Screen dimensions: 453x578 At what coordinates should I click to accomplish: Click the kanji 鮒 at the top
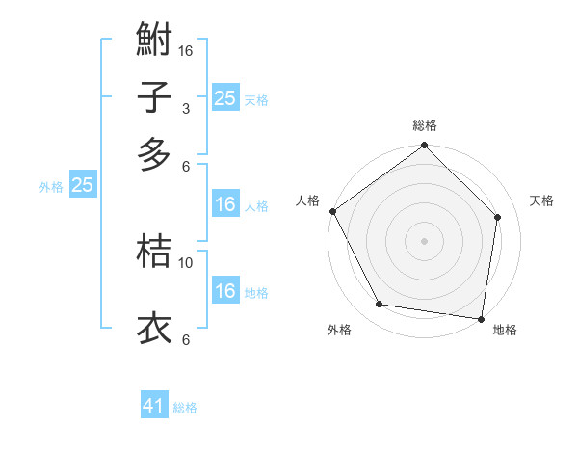pos(154,41)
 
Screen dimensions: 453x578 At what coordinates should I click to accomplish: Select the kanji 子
pos(154,98)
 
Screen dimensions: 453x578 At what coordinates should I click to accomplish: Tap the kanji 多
pos(154,153)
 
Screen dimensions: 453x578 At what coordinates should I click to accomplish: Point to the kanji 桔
pos(154,252)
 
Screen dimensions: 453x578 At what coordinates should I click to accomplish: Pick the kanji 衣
pos(154,327)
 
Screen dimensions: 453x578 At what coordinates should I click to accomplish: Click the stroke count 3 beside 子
pos(186,108)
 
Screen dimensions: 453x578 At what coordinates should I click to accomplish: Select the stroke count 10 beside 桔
pos(186,262)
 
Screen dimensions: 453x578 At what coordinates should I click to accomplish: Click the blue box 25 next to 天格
pos(224,98)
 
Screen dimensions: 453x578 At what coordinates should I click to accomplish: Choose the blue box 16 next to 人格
pos(224,204)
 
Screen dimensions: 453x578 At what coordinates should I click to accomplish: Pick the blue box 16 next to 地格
pos(224,292)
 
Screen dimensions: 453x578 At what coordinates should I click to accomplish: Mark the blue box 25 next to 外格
pos(82,186)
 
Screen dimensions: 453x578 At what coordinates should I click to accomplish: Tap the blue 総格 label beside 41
pos(185,408)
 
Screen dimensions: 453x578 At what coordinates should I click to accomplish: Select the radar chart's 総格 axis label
pos(425,125)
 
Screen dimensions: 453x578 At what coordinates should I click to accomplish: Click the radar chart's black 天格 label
pos(541,200)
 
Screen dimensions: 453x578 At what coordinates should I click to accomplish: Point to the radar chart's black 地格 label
pos(505,330)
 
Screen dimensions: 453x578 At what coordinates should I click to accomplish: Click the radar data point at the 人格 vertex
pos(332,211)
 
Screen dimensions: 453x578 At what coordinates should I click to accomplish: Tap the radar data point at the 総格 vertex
pos(424,147)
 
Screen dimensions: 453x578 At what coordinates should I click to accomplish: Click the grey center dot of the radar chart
pos(424,240)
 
